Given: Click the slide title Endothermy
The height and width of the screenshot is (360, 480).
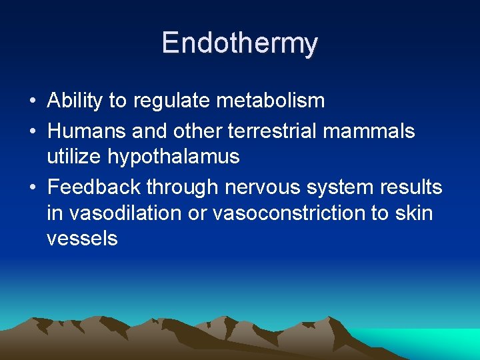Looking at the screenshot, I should coord(240,43).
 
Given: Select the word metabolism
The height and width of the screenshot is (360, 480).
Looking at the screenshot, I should coord(270,101).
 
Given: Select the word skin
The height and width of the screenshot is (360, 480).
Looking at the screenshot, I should coord(414,213).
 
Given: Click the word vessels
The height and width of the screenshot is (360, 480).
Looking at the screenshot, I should coord(82,239).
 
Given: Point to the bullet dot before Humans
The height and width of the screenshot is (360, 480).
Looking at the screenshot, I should coord(32,132).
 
